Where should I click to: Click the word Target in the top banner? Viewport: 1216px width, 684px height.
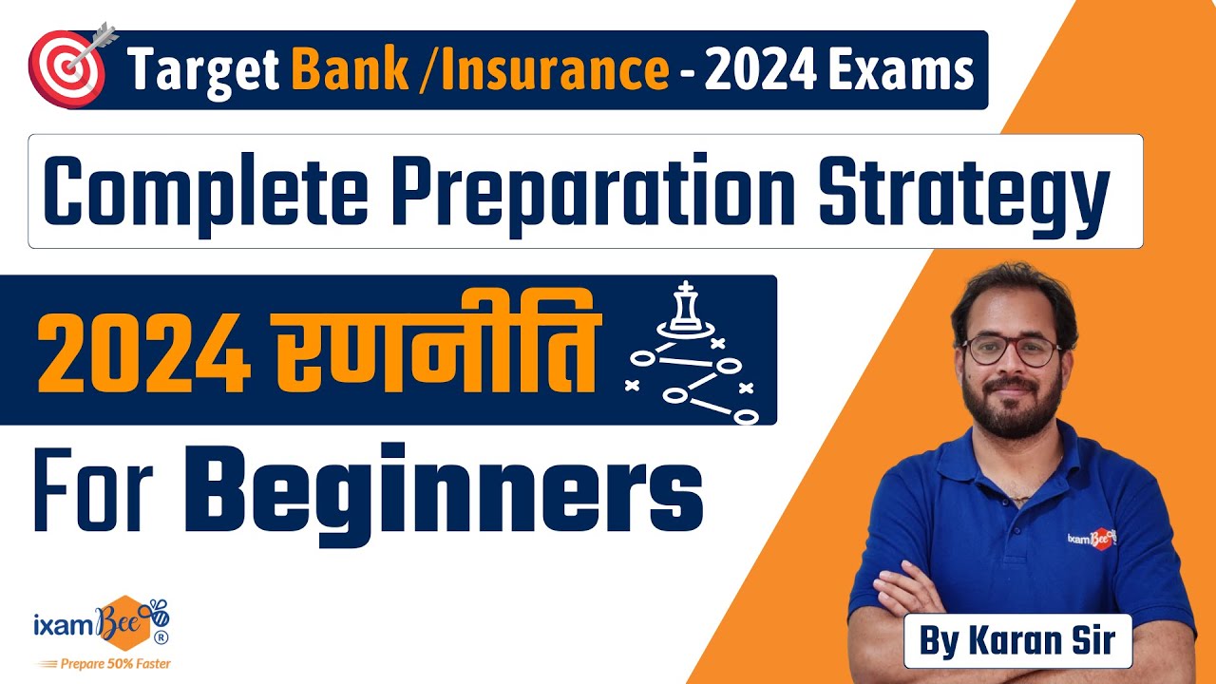click(203, 70)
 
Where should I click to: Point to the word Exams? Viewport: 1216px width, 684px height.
click(901, 70)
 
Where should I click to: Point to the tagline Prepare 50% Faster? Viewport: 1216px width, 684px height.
click(104, 664)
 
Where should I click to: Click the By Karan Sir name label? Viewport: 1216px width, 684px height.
click(1017, 641)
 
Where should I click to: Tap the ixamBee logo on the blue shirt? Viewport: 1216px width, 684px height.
click(1092, 538)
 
